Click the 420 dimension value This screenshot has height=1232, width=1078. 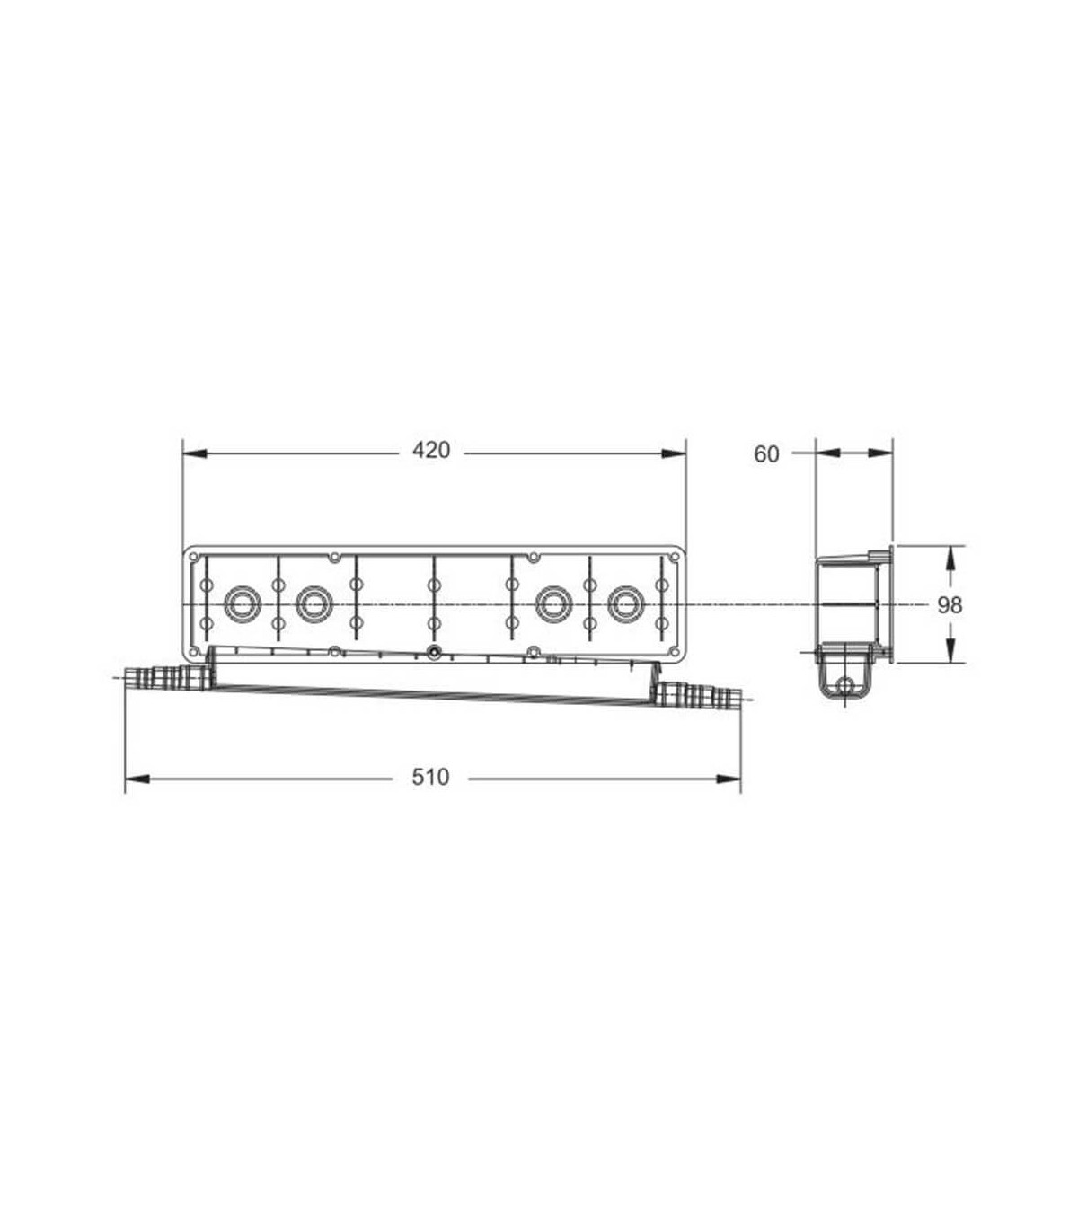(431, 450)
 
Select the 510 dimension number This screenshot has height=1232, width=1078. (430, 777)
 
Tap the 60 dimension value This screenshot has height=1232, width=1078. (766, 454)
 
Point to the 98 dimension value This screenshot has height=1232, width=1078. (950, 604)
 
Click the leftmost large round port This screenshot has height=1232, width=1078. (242, 604)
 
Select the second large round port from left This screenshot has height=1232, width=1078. (314, 604)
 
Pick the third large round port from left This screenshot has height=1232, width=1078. (552, 604)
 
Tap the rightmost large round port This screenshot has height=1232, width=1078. (626, 604)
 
